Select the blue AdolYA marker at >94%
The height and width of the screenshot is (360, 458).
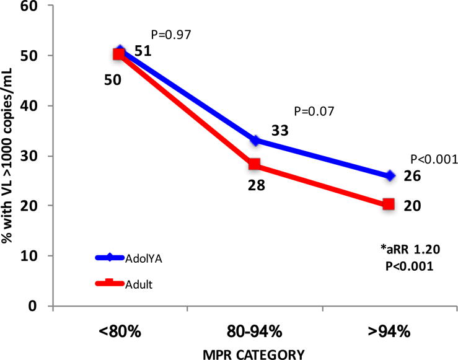point(389,176)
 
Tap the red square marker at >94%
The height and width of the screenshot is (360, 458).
point(389,204)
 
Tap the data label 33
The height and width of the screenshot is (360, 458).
point(280,131)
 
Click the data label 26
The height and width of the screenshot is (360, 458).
point(413,177)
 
